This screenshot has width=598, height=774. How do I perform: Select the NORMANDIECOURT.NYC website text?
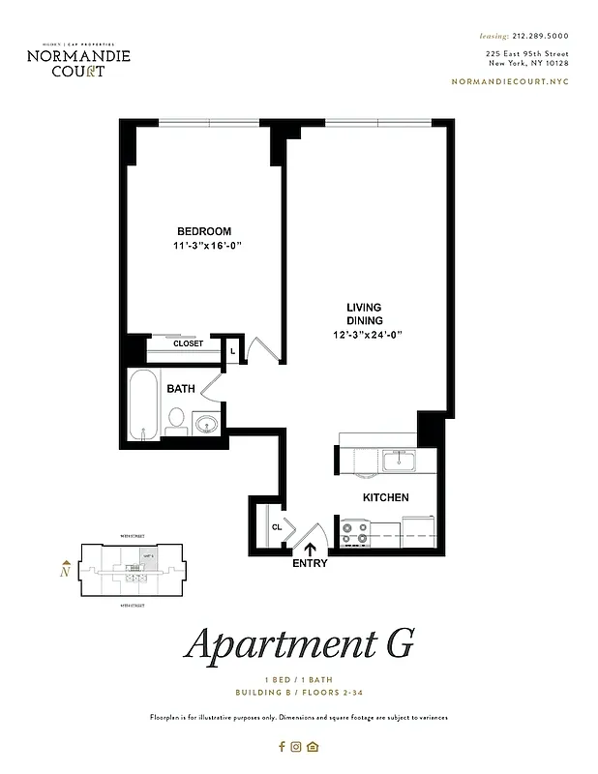[510, 82]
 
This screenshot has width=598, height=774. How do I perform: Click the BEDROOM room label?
[203, 231]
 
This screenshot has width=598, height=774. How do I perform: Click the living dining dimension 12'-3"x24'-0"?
[365, 335]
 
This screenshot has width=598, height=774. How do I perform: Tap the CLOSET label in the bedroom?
[188, 343]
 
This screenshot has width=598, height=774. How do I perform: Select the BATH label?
[181, 389]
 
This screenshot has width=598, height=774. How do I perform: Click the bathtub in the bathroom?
[144, 404]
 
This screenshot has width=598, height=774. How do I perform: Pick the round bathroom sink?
[207, 423]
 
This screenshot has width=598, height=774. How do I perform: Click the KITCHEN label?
[385, 497]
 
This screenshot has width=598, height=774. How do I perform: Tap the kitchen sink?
[398, 461]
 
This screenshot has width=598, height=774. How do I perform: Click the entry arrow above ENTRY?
[311, 550]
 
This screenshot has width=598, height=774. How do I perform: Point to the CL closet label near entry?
[276, 527]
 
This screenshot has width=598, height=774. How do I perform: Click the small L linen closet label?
[232, 350]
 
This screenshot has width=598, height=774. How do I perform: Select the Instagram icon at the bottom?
[297, 746]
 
